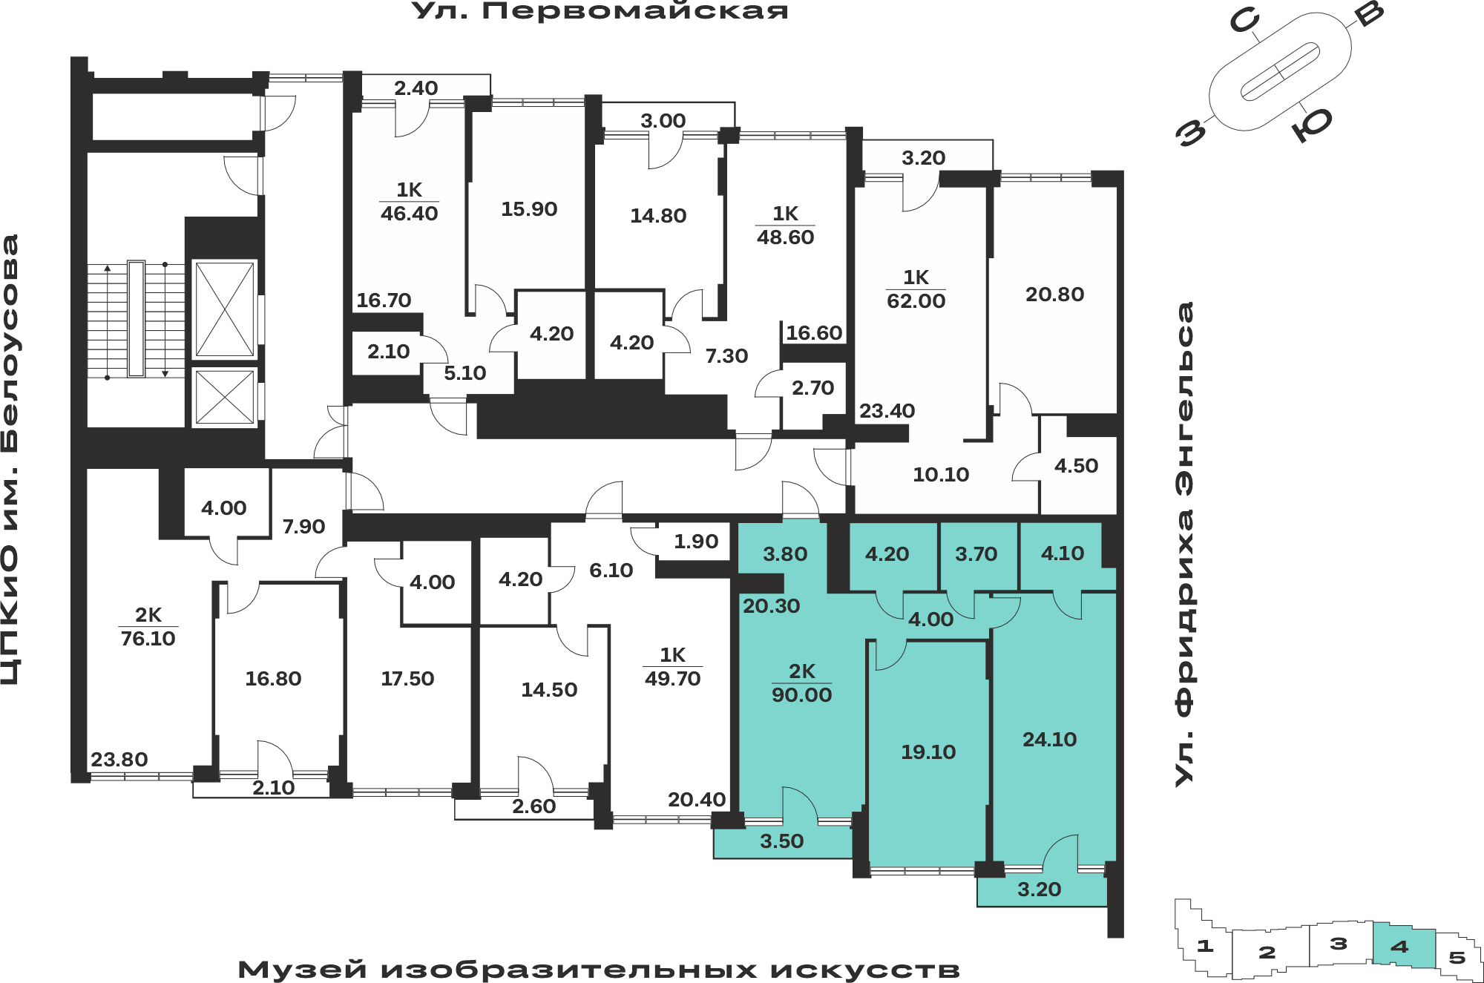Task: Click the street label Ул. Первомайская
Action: pyautogui.click(x=600, y=10)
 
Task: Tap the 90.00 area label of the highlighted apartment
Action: pyautogui.click(x=801, y=695)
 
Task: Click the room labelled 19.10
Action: pyautogui.click(x=928, y=752)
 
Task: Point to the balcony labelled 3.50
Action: pyautogui.click(x=782, y=841)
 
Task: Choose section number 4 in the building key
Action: pyautogui.click(x=1399, y=947)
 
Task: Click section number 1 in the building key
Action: pyautogui.click(x=1205, y=946)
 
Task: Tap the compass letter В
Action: pyautogui.click(x=1368, y=13)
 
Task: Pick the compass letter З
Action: pyautogui.click(x=1191, y=133)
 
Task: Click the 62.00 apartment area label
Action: pyautogui.click(x=916, y=301)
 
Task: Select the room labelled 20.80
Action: pyautogui.click(x=1054, y=295)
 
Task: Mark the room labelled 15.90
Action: pyautogui.click(x=529, y=209)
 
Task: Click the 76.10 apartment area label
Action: pyautogui.click(x=148, y=639)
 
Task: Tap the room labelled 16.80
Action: pyautogui.click(x=273, y=679)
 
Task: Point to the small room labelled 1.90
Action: pyautogui.click(x=696, y=542)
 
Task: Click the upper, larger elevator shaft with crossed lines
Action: pyautogui.click(x=224, y=309)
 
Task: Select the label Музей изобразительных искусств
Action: pyautogui.click(x=599, y=970)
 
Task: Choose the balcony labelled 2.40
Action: pyautogui.click(x=416, y=88)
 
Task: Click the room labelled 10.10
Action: pyautogui.click(x=941, y=475)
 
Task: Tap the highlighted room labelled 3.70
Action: pyautogui.click(x=976, y=554)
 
